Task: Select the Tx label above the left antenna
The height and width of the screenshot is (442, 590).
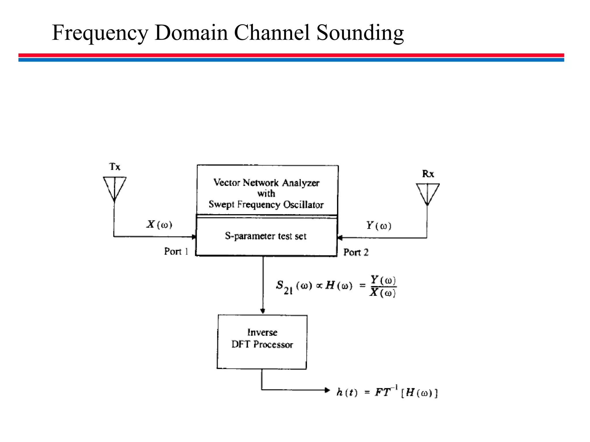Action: pyautogui.click(x=115, y=167)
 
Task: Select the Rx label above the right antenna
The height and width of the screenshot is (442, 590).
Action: pyautogui.click(x=428, y=174)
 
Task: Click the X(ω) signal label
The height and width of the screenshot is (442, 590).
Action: pyautogui.click(x=159, y=224)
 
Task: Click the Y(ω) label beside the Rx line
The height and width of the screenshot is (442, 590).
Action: pyautogui.click(x=379, y=226)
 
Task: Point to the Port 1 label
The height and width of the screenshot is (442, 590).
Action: pyautogui.click(x=176, y=252)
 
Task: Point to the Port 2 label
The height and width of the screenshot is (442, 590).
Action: pyautogui.click(x=356, y=252)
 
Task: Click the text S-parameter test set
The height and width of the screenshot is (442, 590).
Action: pyautogui.click(x=266, y=236)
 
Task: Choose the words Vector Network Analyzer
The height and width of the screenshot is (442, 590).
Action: pyautogui.click(x=266, y=183)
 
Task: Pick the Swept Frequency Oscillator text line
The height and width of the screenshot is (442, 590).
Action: pyautogui.click(x=266, y=205)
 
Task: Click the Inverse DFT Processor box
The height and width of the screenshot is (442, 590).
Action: pyautogui.click(x=262, y=342)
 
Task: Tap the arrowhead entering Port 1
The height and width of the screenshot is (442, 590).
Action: pyautogui.click(x=194, y=237)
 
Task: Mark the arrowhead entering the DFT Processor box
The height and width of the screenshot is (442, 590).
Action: pyautogui.click(x=262, y=311)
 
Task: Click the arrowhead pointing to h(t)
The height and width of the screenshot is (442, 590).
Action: pyautogui.click(x=327, y=390)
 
